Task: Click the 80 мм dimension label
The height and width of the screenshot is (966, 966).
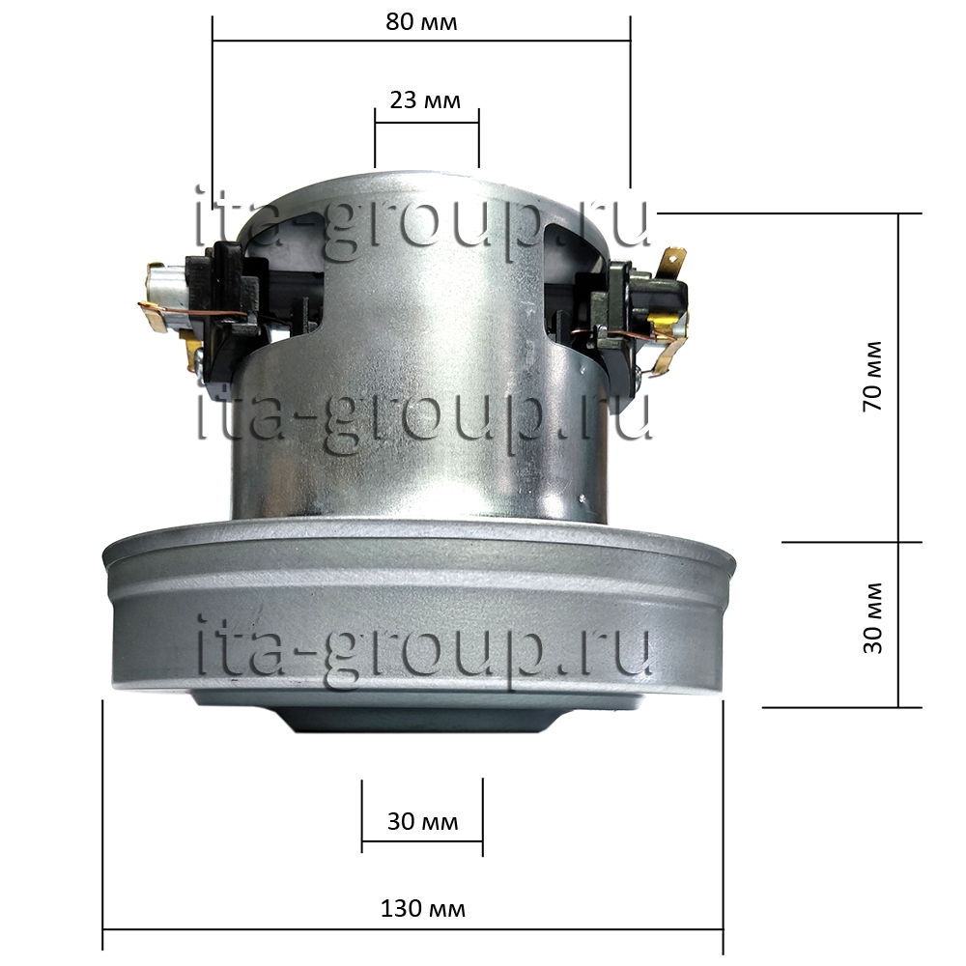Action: tap(421, 22)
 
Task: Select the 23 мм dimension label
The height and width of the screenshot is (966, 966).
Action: tap(425, 99)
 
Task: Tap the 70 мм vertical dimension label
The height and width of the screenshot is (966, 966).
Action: tap(873, 376)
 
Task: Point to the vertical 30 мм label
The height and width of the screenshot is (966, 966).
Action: tap(873, 618)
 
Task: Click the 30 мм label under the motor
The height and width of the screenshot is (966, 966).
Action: tap(423, 821)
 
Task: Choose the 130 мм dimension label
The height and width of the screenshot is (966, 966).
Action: tap(423, 909)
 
